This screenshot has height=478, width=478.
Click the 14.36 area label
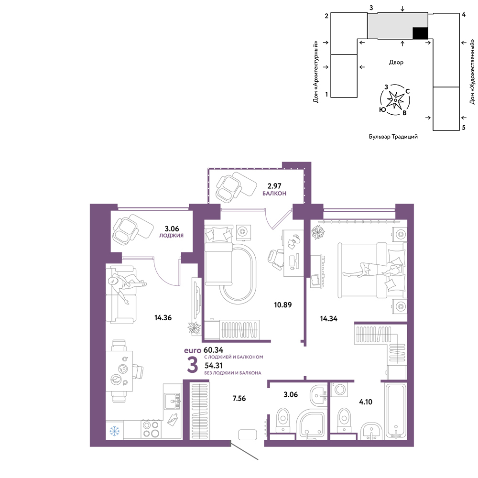[163, 318]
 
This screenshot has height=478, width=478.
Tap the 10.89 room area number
[282, 304]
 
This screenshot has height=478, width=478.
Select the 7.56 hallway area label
[239, 398]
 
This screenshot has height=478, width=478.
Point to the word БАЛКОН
[274, 193]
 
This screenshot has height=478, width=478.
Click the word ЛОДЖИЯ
[171, 235]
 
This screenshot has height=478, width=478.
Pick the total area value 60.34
[213, 350]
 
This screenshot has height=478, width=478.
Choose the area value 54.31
[213, 365]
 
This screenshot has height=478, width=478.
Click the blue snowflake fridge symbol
[115, 431]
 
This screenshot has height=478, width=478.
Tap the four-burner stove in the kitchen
[151, 429]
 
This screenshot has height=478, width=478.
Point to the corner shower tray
[311, 424]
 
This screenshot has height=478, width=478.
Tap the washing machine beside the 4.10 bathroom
[339, 389]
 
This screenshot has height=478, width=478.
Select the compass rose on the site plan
[395, 100]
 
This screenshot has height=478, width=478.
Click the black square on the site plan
[420, 33]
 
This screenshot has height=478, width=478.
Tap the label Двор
[396, 62]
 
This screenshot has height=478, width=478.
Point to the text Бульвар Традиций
[393, 137]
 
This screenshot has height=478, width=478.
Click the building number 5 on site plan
[464, 128]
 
